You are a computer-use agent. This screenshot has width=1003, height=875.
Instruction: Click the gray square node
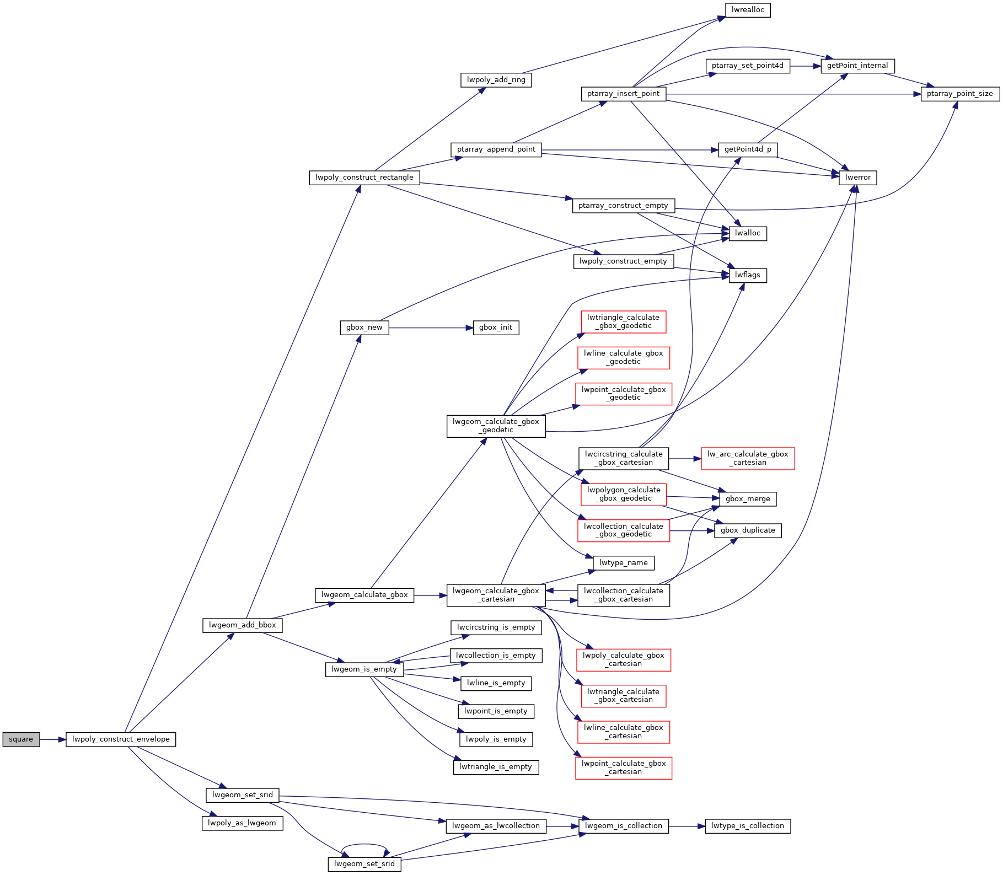point(21,739)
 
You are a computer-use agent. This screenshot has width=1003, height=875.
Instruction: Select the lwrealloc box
point(747,10)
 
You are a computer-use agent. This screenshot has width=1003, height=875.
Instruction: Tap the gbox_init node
point(496,328)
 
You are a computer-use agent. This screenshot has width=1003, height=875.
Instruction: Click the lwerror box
point(857,178)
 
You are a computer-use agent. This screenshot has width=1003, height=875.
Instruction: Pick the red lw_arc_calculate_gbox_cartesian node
point(747,458)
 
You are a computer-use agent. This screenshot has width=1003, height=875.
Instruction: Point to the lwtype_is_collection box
point(747,826)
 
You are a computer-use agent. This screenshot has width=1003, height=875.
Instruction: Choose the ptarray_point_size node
point(959,94)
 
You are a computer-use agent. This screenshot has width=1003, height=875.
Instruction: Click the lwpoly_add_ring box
point(496,80)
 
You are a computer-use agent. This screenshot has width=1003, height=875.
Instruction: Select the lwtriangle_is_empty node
point(496,767)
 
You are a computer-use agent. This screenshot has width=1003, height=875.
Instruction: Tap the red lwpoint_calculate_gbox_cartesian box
point(623,767)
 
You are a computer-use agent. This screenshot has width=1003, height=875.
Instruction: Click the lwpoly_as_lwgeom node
point(242,823)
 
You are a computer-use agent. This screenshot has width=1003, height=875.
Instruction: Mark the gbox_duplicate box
point(747,530)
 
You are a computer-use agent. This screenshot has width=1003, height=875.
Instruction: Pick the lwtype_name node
point(623,563)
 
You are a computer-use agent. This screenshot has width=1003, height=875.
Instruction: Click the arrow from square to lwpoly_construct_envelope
point(52,739)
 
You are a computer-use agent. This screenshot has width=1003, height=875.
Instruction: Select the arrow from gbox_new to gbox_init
point(431,328)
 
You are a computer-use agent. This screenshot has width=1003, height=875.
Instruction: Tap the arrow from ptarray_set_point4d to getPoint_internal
point(805,66)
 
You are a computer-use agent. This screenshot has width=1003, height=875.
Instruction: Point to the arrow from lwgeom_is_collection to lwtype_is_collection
point(686,826)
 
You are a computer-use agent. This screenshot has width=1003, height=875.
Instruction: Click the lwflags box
point(747,275)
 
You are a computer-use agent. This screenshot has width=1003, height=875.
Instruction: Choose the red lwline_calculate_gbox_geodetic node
point(623,357)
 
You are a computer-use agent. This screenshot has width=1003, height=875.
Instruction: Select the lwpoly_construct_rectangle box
point(364,178)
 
